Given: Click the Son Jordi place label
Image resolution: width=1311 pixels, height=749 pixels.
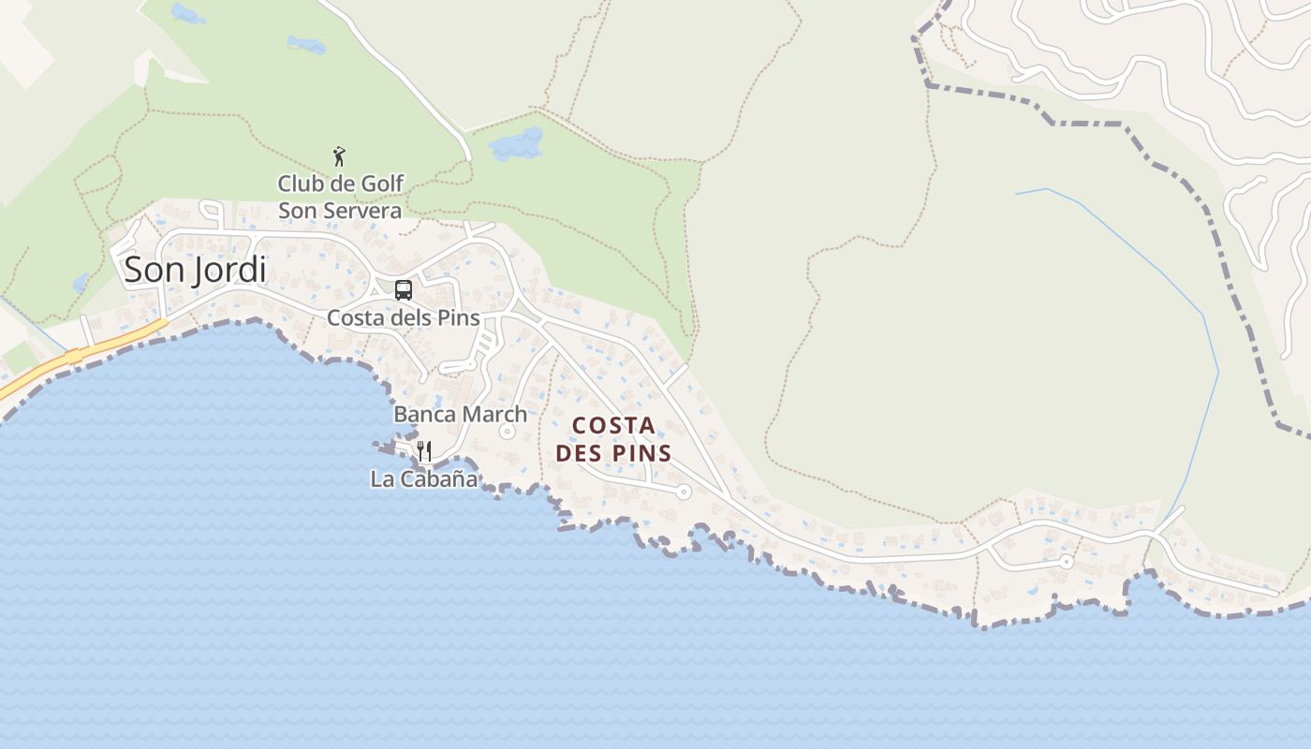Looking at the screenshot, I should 195,270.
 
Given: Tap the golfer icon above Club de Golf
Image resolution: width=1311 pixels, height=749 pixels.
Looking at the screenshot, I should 339,156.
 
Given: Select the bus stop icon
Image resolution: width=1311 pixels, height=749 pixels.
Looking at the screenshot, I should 404,290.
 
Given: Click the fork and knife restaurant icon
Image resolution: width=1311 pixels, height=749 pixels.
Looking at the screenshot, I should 424,451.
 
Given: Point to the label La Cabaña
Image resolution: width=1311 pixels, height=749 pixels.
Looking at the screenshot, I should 423,479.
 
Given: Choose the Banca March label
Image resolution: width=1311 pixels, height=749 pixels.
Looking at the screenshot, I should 460,414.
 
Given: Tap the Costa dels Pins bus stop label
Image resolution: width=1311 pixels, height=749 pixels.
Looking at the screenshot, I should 403,317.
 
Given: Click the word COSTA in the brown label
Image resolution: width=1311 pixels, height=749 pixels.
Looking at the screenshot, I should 613,426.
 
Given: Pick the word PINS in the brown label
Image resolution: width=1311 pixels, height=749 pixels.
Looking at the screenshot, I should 641,454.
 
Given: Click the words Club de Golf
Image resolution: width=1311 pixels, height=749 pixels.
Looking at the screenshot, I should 341,183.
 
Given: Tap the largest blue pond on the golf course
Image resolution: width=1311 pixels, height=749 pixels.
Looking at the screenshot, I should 516,144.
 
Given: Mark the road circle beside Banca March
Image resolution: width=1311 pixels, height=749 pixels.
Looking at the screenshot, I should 508,432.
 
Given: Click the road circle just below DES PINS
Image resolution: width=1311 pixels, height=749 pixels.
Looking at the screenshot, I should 684,491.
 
